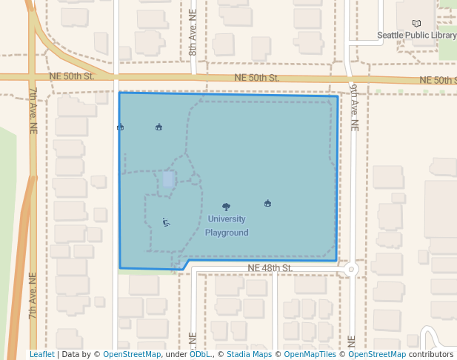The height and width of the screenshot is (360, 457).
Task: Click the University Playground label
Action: coord(227,226)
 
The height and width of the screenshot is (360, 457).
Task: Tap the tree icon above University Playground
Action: coord(227,207)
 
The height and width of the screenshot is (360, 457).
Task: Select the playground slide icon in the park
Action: coord(166,221)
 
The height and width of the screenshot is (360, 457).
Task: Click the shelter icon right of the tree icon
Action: coord(267,203)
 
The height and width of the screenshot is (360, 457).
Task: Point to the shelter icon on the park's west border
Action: coord(120,127)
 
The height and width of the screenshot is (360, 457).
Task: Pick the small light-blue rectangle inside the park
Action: coord(169,179)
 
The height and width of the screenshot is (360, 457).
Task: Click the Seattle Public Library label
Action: coord(416,35)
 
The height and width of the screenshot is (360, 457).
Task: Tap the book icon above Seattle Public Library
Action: coord(416,24)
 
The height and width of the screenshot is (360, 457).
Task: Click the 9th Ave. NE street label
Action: coord(354,107)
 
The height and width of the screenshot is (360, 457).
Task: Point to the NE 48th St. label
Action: coord(270,267)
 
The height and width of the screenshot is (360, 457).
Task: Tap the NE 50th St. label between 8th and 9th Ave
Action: coord(256,78)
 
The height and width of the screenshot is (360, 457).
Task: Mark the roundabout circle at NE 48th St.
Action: coord(352,270)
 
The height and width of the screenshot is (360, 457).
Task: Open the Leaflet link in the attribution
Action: coord(41,354)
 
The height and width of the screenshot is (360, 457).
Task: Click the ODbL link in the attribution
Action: coord(200,354)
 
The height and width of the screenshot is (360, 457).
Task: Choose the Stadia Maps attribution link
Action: coord(250,354)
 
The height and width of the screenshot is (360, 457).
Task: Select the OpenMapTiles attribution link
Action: coord(311,354)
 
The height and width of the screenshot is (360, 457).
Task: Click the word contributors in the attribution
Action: coord(431,354)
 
